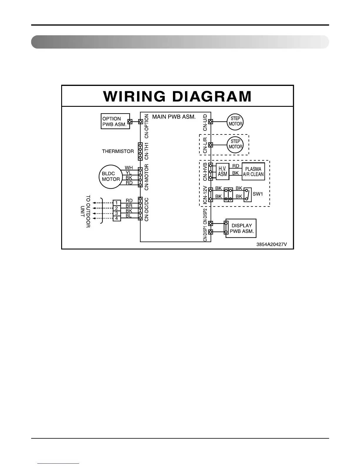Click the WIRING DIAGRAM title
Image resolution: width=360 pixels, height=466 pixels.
(x=177, y=96)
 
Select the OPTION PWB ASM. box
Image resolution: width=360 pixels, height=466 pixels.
(x=115, y=121)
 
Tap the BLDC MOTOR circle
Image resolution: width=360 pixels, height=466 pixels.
(x=111, y=177)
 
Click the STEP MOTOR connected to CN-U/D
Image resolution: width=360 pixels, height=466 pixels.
(x=235, y=121)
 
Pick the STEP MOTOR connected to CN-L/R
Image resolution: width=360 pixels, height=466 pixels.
(x=235, y=144)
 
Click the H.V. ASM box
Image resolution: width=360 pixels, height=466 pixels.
(x=222, y=172)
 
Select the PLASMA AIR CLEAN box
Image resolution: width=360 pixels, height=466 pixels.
(x=253, y=172)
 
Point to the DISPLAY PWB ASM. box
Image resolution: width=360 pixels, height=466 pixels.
(x=241, y=228)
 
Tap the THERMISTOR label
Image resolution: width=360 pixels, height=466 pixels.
(x=118, y=151)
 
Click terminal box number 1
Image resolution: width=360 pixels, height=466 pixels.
(x=117, y=203)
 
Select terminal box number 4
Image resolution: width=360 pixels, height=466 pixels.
(x=117, y=218)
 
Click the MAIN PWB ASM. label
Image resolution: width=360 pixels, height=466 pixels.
(x=174, y=117)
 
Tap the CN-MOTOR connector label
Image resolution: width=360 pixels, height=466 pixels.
(x=147, y=177)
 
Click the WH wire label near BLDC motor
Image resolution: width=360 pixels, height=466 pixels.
(x=129, y=168)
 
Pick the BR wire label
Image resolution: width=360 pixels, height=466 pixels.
(x=129, y=206)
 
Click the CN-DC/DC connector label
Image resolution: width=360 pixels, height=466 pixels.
(x=147, y=209)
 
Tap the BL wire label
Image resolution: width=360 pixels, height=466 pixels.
(x=129, y=216)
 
